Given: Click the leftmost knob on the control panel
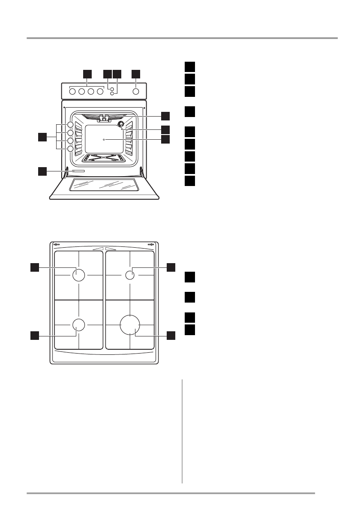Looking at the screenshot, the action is click(72, 91).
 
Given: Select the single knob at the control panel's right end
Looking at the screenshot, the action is click(136, 91).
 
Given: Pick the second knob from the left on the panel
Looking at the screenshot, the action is click(81, 91).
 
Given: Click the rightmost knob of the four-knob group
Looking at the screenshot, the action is click(100, 91).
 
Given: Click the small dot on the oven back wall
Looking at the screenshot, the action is click(104, 140).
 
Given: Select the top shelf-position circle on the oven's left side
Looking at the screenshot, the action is click(70, 125).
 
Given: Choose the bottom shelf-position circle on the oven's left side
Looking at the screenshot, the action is click(70, 149).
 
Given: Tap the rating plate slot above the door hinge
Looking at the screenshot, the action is click(78, 171).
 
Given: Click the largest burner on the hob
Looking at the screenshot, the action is click(130, 324).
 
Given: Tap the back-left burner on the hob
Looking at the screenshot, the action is click(79, 275).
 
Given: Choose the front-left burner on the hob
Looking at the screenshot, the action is click(78, 324).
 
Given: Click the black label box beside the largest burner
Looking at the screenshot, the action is click(171, 335).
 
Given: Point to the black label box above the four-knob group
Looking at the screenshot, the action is click(87, 73).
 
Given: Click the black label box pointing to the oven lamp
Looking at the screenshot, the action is click(165, 129).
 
